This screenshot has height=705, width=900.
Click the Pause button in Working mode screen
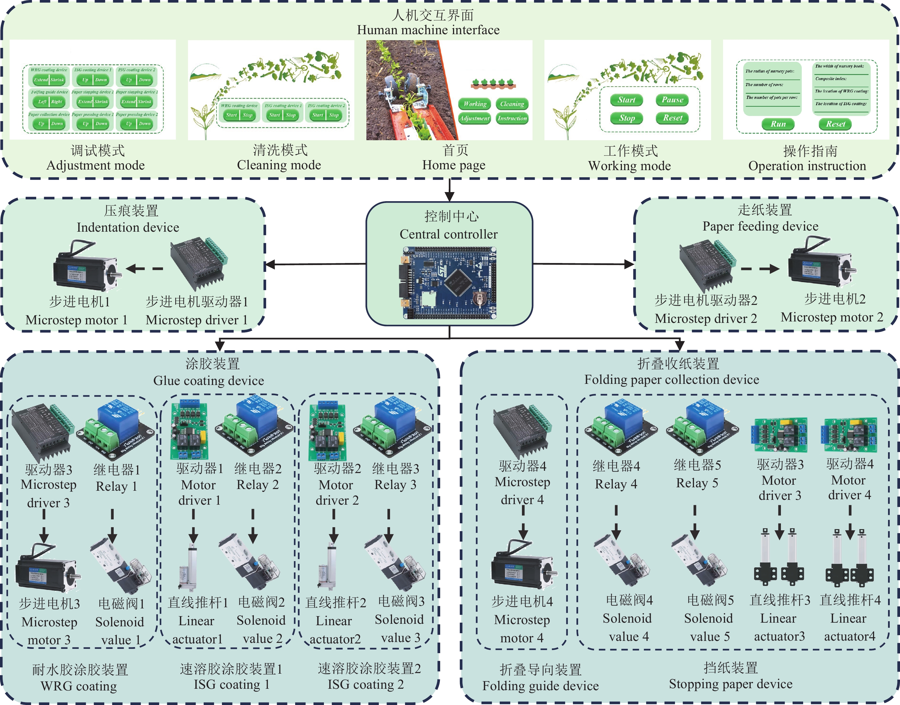click(672, 100)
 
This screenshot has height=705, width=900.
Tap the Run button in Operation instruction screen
click(778, 124)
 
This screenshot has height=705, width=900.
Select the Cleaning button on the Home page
click(512, 104)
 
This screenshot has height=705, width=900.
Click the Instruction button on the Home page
click(512, 119)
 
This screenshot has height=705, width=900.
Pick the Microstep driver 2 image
click(707, 265)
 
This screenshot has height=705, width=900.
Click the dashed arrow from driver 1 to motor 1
click(144, 269)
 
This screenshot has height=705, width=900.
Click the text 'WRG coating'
click(79, 686)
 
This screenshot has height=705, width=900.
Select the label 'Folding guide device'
click(540, 686)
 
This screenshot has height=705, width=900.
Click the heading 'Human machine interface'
click(428, 30)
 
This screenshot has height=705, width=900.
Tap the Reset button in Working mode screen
click(672, 118)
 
